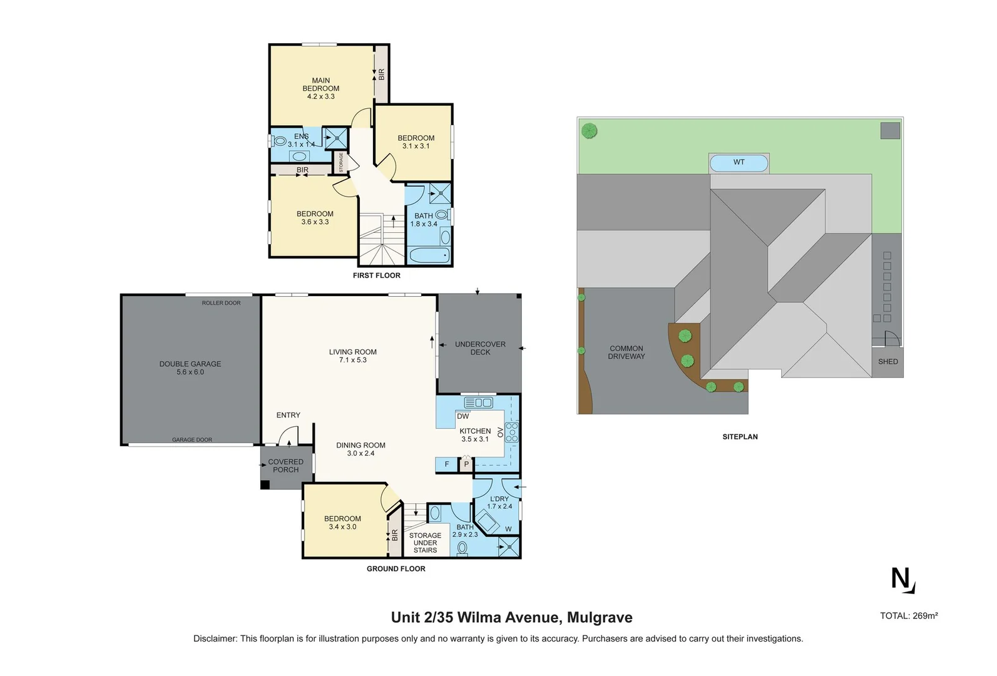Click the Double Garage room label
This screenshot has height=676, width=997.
coord(190,367)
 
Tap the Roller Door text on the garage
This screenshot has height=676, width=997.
coord(221,303)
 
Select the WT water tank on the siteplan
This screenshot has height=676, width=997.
coord(739,163)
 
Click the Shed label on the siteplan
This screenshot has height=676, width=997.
coord(887,362)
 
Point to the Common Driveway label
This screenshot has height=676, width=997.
coord(626,352)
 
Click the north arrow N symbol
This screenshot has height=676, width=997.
coord(902,580)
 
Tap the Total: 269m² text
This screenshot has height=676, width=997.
coord(909,616)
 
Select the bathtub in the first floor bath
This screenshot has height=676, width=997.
coord(429,255)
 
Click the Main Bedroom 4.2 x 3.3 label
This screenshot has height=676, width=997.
coord(320,88)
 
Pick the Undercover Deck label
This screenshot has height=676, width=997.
coord(480,348)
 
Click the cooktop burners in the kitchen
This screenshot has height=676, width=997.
coord(512,433)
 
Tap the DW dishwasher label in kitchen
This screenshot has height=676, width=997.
coord(463,416)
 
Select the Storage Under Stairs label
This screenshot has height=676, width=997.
coord(425,543)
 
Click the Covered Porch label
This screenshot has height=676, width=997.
coord(285,466)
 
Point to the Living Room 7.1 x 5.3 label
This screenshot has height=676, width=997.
coord(353,356)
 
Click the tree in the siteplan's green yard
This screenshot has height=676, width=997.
coord(589,131)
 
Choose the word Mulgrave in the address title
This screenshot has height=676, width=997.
coord(600,618)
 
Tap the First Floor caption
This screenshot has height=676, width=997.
coord(376,275)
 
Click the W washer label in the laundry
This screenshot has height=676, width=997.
coord(508,530)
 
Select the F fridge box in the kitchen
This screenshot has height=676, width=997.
coord(446,464)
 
